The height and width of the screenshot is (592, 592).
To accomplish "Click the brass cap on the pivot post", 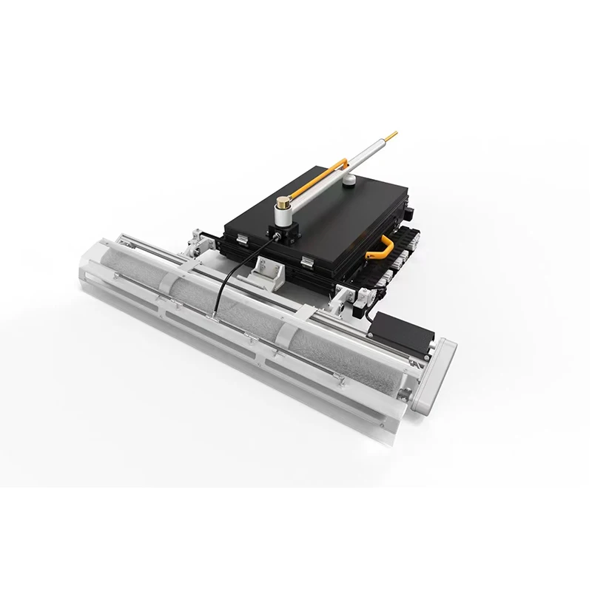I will [x=284, y=201].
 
